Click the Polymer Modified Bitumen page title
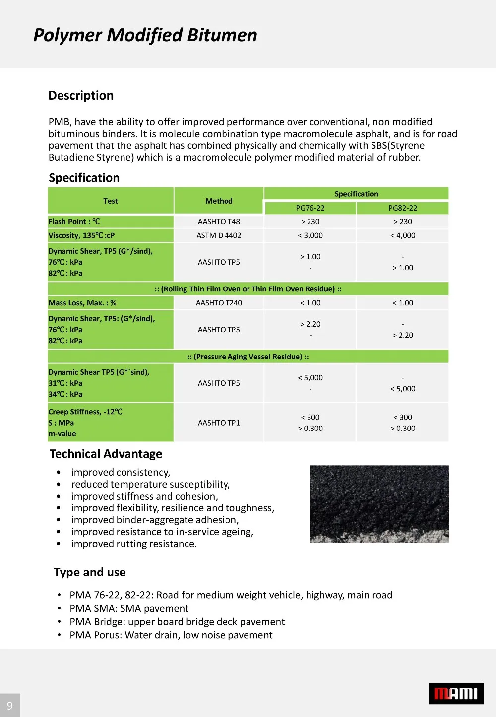click(x=145, y=35)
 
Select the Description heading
click(x=81, y=96)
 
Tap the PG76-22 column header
click(x=310, y=208)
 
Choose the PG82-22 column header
click(x=402, y=208)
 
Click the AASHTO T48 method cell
click(x=219, y=222)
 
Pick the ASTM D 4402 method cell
click(x=219, y=235)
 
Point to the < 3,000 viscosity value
click(x=310, y=235)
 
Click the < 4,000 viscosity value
click(x=402, y=235)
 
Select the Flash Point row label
click(x=74, y=222)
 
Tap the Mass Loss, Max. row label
click(x=82, y=303)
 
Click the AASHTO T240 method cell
click(x=219, y=303)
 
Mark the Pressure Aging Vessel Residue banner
click(x=248, y=357)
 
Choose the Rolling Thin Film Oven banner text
click(x=248, y=289)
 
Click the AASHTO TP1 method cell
click(x=219, y=423)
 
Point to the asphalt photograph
click(x=379, y=503)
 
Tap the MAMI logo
click(x=456, y=693)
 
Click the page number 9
click(x=10, y=705)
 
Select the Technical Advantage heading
click(x=106, y=454)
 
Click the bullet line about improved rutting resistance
click(x=134, y=544)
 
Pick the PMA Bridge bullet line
click(x=177, y=622)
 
